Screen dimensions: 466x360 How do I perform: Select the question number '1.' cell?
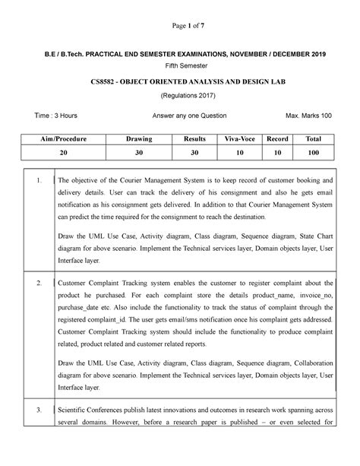pos(39,179)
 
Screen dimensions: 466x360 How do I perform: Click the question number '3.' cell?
pos(39,431)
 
